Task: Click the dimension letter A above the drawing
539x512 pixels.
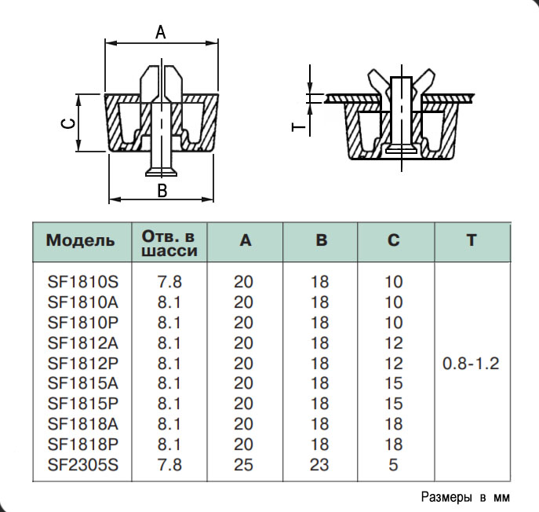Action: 161,32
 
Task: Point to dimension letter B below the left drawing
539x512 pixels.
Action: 162,190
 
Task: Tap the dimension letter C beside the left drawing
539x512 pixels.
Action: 67,123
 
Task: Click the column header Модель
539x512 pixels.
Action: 80,241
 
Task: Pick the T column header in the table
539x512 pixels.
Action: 471,240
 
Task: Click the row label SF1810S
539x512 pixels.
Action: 82,280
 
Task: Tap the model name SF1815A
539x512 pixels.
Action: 82,383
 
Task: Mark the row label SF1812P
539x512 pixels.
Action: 82,363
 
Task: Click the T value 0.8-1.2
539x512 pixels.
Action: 471,364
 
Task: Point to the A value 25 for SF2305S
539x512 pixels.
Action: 244,465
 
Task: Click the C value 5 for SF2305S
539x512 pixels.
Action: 394,465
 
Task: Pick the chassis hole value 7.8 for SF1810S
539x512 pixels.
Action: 169,280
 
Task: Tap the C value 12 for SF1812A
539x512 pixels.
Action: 394,342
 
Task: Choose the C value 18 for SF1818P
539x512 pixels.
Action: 394,444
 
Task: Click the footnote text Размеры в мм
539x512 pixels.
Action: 465,497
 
